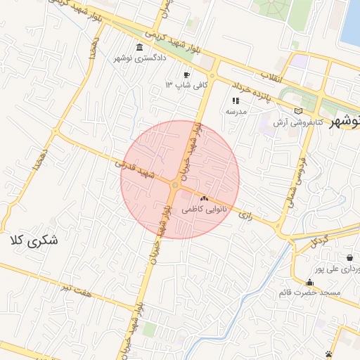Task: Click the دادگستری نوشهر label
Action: click(x=141, y=57)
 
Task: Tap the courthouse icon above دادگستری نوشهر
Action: click(x=141, y=46)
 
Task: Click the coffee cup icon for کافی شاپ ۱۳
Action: click(x=186, y=75)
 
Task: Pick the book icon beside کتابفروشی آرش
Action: click(x=299, y=111)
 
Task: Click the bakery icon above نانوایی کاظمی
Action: click(x=205, y=199)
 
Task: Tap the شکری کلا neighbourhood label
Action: click(x=34, y=241)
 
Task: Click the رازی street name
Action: click(x=245, y=212)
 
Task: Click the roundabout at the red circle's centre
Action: click(x=174, y=185)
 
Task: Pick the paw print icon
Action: click(x=328, y=354)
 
